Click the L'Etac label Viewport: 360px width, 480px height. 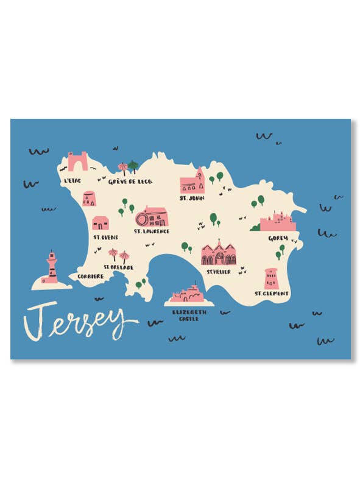pos(72,181)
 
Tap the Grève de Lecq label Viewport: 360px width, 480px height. pos(130,182)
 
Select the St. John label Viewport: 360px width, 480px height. pos(191,198)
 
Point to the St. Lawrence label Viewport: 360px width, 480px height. pos(152,231)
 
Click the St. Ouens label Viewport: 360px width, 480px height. pos(105,237)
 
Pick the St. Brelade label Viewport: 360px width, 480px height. pos(119,267)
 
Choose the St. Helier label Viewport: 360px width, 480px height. pos(218,272)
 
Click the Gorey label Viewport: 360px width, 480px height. pos(278,238)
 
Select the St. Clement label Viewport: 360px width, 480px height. pos(272,294)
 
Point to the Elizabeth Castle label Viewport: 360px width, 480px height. pos(189,315)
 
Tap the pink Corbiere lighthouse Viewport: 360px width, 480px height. pos(52,269)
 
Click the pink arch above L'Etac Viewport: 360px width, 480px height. pos(77,161)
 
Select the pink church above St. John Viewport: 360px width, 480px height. pos(192,182)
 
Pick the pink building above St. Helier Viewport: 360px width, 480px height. pos(219,253)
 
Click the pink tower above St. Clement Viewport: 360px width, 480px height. pos(271,278)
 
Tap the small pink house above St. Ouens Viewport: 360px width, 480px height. pos(101,223)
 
